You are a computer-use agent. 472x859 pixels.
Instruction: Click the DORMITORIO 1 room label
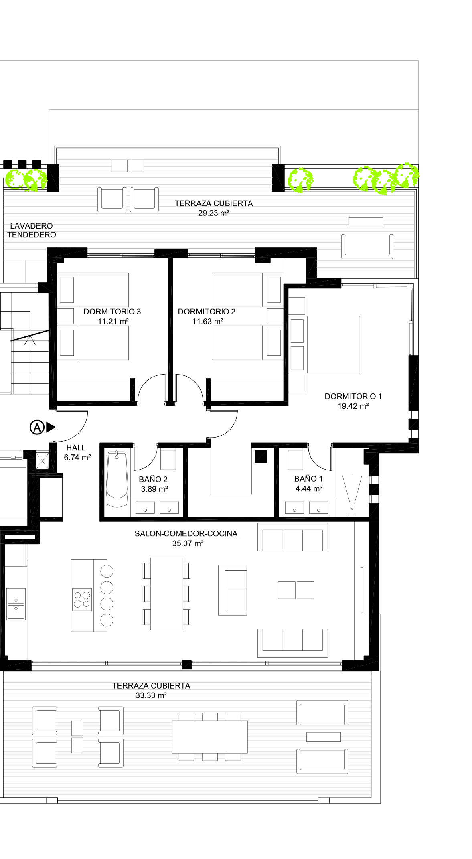(x=353, y=396)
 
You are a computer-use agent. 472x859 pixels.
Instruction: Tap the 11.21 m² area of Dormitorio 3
(x=113, y=321)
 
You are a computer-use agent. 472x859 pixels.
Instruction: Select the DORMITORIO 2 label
(x=207, y=312)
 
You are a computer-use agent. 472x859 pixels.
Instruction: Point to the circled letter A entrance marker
(x=37, y=427)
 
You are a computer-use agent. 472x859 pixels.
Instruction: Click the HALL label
(x=76, y=448)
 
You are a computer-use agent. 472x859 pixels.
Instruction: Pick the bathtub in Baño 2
(x=117, y=479)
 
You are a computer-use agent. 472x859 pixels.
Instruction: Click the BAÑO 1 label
(x=308, y=479)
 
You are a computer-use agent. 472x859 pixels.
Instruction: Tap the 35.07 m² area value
(x=188, y=543)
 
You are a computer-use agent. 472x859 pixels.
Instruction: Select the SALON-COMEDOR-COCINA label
(x=186, y=534)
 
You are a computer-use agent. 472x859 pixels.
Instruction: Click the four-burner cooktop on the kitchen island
(x=82, y=600)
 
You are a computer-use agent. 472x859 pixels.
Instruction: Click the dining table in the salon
(x=167, y=594)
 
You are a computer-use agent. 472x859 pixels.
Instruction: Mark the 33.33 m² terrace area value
(x=151, y=695)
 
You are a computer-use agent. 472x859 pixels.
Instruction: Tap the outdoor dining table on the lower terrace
(x=210, y=737)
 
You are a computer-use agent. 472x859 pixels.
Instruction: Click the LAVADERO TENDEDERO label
(x=31, y=230)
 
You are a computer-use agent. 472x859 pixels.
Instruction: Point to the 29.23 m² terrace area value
(x=213, y=213)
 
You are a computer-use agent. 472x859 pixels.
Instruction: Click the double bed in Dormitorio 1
(x=324, y=344)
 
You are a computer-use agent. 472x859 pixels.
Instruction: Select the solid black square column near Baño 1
(x=261, y=456)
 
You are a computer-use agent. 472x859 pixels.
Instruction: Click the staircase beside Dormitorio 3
(x=25, y=343)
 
